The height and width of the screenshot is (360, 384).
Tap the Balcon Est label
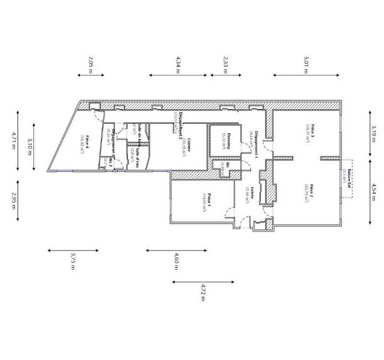coord(350,179)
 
